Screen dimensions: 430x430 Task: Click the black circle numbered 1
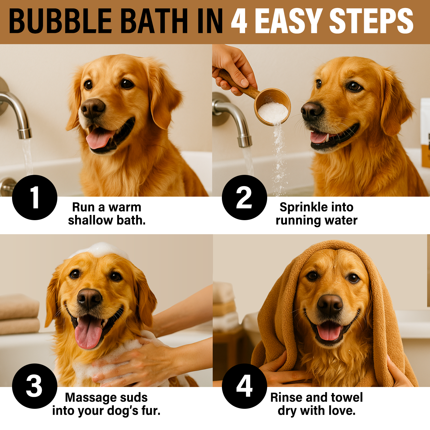(x=35, y=198)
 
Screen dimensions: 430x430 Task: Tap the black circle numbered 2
(x=245, y=198)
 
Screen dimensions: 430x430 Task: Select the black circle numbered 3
(x=35, y=386)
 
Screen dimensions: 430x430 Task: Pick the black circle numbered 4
(x=245, y=386)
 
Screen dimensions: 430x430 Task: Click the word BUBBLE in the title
(x=60, y=21)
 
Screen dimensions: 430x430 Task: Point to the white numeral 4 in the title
(x=239, y=21)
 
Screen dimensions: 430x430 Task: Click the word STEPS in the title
(x=371, y=21)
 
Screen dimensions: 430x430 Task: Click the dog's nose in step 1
(x=93, y=108)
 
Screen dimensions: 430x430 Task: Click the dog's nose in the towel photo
(x=330, y=305)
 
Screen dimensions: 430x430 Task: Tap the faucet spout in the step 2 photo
(x=235, y=120)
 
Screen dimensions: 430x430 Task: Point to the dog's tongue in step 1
(x=99, y=138)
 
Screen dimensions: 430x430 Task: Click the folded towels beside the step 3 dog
(x=19, y=314)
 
